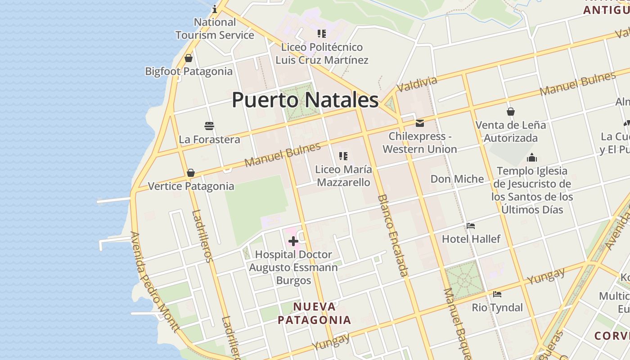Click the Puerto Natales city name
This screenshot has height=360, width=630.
(305, 100)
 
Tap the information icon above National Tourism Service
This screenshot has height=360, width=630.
(215, 9)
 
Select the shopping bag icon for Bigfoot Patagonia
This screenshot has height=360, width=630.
(189, 58)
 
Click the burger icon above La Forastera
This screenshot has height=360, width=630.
(209, 126)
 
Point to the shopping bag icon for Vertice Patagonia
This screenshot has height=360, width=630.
(191, 173)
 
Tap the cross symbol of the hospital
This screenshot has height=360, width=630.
(293, 242)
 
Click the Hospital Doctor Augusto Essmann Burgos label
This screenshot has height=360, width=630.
(293, 267)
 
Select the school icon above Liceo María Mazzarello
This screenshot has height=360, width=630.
(343, 156)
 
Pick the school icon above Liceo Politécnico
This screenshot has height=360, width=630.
(321, 33)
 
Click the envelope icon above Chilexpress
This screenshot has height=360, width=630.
(420, 123)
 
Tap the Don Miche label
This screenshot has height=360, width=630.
(457, 179)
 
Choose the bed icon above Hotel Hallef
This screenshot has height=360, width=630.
(471, 225)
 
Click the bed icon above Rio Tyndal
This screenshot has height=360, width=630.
(497, 294)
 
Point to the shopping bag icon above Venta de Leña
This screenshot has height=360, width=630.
(511, 112)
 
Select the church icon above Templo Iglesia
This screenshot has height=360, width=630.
(532, 157)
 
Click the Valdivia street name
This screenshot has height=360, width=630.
(417, 84)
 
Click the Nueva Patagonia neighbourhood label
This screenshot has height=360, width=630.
(314, 313)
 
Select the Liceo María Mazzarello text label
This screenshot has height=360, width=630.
(343, 176)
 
